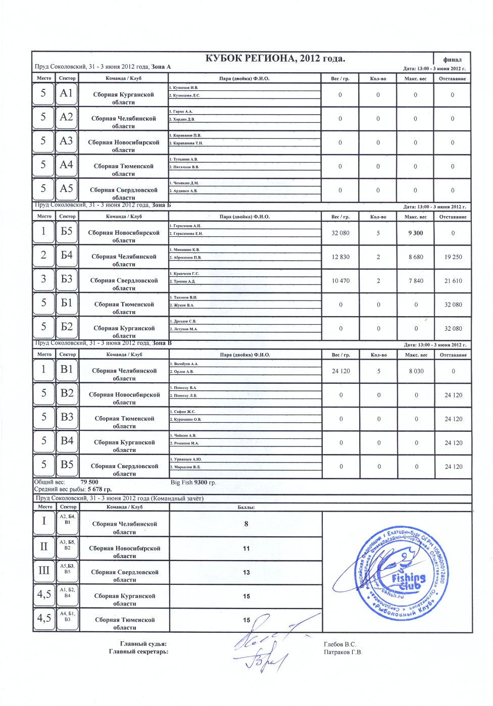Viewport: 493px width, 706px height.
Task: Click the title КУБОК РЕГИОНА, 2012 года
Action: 275,59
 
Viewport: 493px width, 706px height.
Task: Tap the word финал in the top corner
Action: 452,60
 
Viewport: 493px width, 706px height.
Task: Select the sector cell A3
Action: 66,141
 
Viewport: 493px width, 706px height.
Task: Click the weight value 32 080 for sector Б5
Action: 340,233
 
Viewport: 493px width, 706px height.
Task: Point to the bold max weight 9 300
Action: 416,233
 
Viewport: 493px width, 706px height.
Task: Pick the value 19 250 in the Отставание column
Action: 453,257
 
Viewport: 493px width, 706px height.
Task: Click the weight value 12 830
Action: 340,257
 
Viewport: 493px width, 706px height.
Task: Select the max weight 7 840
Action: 416,281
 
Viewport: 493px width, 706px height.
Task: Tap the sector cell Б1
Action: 67,303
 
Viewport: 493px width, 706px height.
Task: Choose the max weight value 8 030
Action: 416,371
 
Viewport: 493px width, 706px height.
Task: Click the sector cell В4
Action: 67,441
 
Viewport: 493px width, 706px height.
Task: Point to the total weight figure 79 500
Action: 89,482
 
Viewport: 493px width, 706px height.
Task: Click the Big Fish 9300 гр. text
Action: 193,482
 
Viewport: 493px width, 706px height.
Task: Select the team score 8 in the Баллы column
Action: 246,524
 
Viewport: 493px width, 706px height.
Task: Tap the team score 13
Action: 246,572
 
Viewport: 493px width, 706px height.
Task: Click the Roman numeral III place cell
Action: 44,571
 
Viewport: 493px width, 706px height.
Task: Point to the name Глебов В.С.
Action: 340,644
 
